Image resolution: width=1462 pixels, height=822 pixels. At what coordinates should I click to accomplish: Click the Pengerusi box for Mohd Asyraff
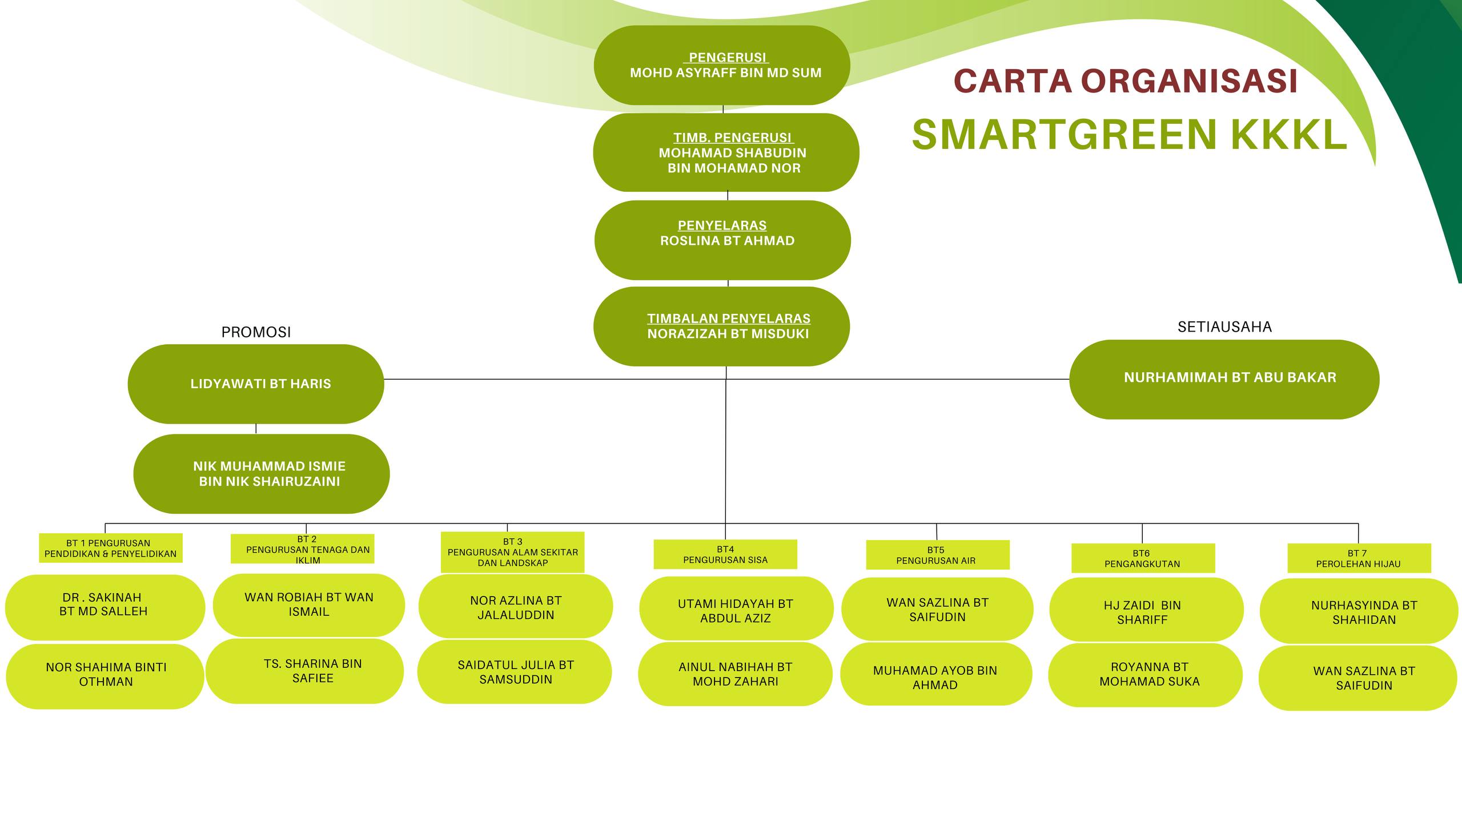pos(722,65)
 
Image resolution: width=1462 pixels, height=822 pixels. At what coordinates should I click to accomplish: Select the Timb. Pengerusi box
pos(726,152)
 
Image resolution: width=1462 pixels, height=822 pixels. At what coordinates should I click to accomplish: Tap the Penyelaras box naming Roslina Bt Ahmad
pos(722,240)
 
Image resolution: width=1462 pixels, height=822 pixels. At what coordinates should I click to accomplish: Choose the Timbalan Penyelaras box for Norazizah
pos(722,327)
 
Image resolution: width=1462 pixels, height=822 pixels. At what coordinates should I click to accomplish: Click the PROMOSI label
pos(256,332)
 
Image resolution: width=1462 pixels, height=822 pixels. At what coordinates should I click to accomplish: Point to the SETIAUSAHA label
pos(1224,327)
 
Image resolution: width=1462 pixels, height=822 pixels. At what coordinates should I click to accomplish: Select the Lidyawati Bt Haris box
pos(256,384)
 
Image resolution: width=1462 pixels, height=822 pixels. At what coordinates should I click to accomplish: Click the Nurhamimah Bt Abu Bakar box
pos(1224,380)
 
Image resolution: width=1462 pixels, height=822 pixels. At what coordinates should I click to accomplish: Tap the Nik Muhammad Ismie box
pos(262,474)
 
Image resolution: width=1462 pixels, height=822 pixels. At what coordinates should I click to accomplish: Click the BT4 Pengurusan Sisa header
pos(725,554)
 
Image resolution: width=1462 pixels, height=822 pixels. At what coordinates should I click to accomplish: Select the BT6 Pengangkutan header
pos(1143,558)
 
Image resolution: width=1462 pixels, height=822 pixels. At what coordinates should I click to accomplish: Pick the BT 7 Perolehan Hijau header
pos(1359,558)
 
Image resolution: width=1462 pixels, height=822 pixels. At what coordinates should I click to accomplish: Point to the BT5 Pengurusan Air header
pos(938,555)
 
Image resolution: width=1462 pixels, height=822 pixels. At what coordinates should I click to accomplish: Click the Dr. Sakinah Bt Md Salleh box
pos(105,607)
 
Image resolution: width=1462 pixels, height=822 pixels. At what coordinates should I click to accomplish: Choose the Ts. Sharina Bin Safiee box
pos(304,671)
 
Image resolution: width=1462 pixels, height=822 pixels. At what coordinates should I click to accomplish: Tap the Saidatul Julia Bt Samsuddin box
pos(515,672)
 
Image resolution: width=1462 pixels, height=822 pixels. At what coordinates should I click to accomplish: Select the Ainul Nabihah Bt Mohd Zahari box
pos(735,674)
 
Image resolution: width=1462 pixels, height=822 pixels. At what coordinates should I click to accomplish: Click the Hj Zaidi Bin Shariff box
pos(1146,610)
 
